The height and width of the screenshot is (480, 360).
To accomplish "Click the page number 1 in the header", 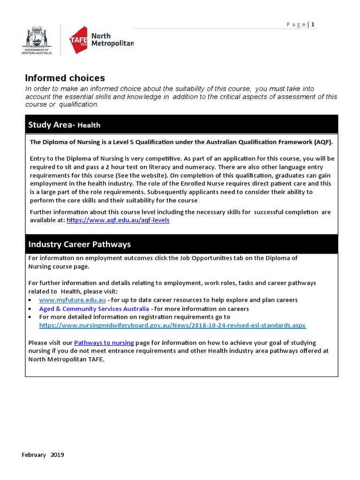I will click(313, 24).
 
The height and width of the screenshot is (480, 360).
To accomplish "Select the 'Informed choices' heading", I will click(65, 78).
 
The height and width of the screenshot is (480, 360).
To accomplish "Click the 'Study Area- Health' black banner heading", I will click(64, 125).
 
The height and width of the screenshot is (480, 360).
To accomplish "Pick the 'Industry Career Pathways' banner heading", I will click(80, 244).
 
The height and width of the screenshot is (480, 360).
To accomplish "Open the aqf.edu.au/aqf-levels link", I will click(118, 220).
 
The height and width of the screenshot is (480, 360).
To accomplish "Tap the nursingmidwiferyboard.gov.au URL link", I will click(172, 325).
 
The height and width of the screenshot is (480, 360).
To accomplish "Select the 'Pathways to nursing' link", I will click(104, 343).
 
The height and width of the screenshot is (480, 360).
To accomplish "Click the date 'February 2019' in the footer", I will click(43, 455).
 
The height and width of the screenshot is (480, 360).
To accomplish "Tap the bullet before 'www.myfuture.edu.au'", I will click(30, 300).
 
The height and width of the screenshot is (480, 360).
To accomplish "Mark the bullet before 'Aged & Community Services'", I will click(30, 309).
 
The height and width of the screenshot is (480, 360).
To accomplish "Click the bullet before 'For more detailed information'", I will click(30, 317).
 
